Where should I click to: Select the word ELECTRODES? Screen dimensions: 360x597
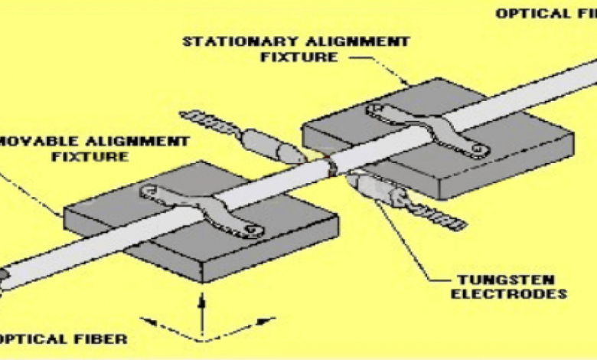(521, 293)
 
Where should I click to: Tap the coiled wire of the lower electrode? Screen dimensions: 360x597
(437, 216)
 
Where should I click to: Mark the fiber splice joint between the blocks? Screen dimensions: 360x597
(331, 164)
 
